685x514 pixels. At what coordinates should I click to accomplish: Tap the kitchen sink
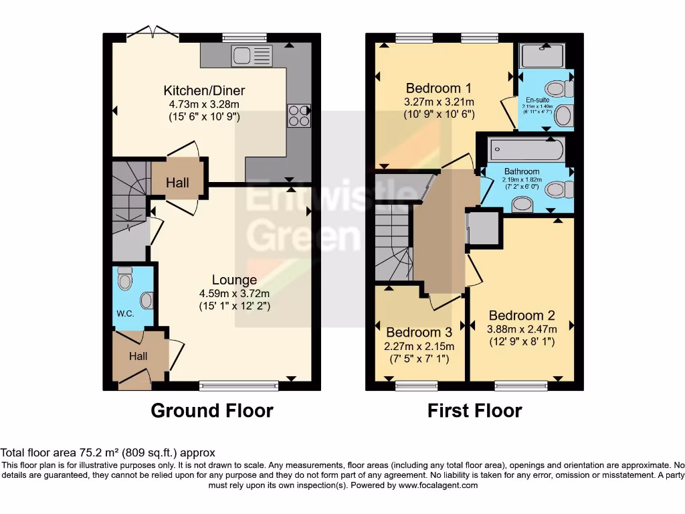click(x=252, y=56)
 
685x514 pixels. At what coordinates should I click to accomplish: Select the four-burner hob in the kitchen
click(x=298, y=116)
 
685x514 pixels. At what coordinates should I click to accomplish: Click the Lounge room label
click(x=234, y=280)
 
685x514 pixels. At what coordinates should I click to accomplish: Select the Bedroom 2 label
click(x=522, y=316)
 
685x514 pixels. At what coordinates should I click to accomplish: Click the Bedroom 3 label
click(x=419, y=332)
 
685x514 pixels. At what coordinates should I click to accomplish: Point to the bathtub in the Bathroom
click(x=526, y=149)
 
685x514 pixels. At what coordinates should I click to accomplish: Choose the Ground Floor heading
click(x=212, y=410)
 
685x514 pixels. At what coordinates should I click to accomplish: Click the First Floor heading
click(x=474, y=410)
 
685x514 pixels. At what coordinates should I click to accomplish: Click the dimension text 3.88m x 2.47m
click(x=522, y=329)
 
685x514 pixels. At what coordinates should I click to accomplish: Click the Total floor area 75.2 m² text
click(x=108, y=453)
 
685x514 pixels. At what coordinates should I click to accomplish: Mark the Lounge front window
click(x=239, y=385)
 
